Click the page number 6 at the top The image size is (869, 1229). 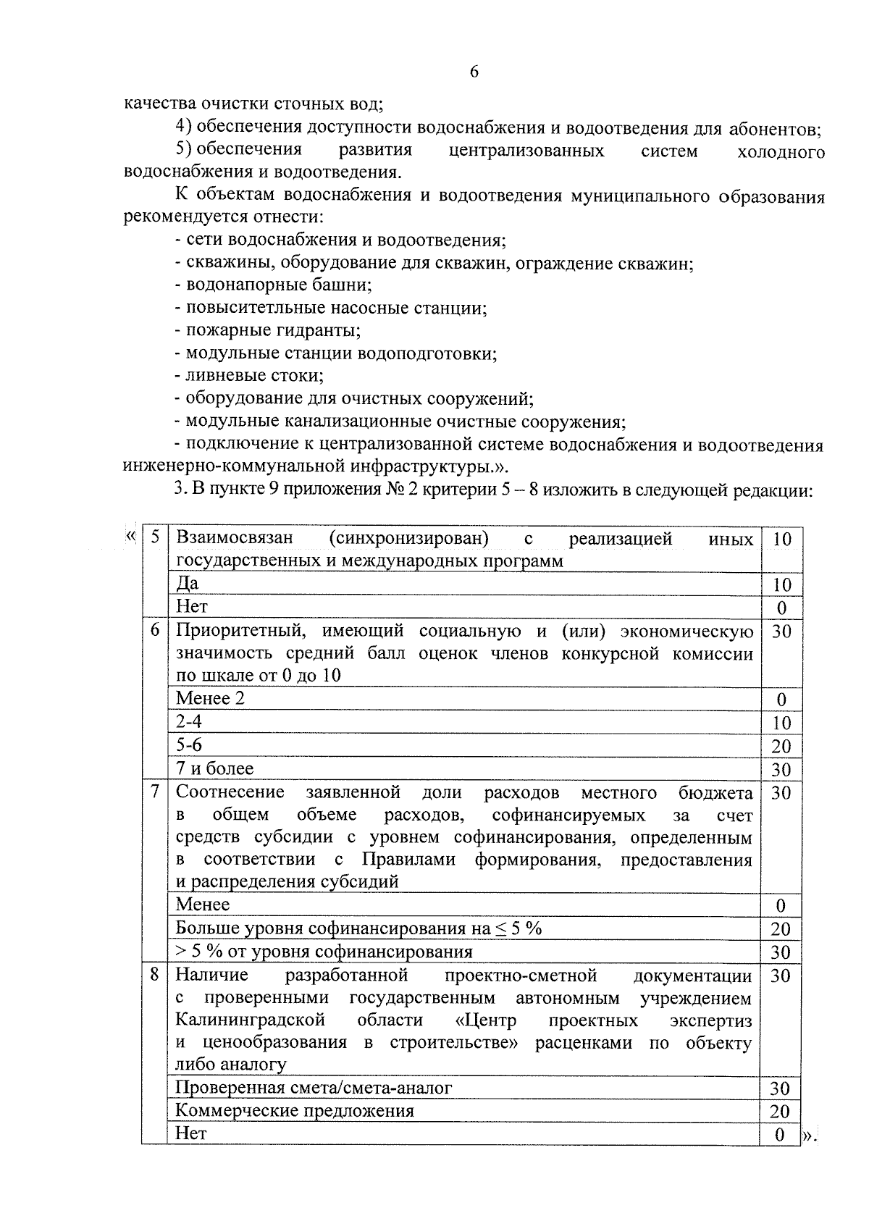pyautogui.click(x=474, y=72)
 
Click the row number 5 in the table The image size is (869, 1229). pyautogui.click(x=154, y=538)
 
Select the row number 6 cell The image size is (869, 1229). pyautogui.click(x=154, y=630)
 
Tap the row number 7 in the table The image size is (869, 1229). pyautogui.click(x=154, y=792)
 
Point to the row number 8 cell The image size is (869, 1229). pyautogui.click(x=154, y=975)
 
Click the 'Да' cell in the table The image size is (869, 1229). pyautogui.click(x=188, y=583)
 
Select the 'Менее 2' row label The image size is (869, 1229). pyautogui.click(x=210, y=697)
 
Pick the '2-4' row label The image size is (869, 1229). pyautogui.click(x=189, y=721)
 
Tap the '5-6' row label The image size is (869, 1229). pyautogui.click(x=189, y=744)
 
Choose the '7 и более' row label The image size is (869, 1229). pyautogui.click(x=214, y=768)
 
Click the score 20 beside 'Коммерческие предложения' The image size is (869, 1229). pyautogui.click(x=780, y=1111)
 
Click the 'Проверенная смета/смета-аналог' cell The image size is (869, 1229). pyautogui.click(x=314, y=1087)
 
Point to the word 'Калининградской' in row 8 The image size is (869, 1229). pyautogui.click(x=250, y=1020)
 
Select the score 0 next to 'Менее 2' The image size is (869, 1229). pyautogui.click(x=781, y=700)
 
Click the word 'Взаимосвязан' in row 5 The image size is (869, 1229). pyautogui.click(x=234, y=538)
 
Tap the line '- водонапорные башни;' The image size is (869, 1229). pyautogui.click(x=273, y=285)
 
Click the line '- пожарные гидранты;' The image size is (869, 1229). pyautogui.click(x=268, y=330)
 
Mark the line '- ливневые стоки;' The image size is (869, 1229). pyautogui.click(x=249, y=376)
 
